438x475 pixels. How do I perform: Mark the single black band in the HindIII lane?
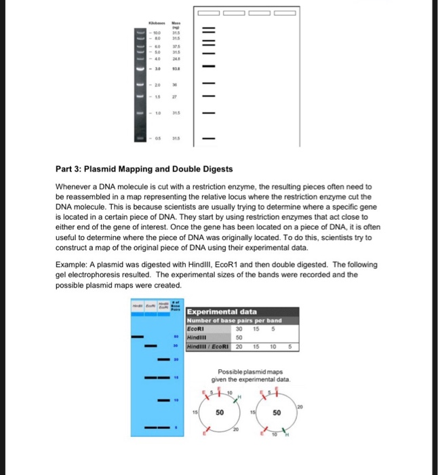(x=138, y=336)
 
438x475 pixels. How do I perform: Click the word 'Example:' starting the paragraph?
(x=73, y=264)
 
